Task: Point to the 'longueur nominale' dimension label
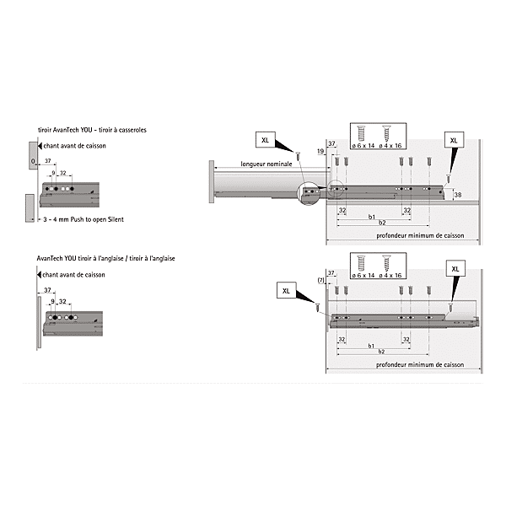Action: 265,164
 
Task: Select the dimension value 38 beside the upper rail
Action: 457,196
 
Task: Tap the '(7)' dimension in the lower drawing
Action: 320,279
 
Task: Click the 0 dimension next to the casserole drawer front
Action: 31,160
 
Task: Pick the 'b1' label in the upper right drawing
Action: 371,217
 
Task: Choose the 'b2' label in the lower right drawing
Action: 382,353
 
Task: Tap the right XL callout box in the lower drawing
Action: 456,268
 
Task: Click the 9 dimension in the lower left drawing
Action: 52,300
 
